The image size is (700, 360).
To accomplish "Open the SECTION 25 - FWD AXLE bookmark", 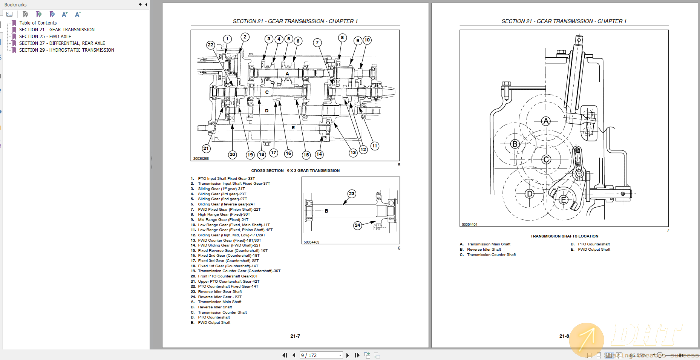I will pos(45,37).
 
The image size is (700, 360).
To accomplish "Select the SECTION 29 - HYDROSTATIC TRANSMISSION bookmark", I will pos(66,50).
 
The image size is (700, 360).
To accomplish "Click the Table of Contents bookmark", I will pos(38,23).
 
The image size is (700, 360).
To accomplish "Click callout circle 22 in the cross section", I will pos(210,45).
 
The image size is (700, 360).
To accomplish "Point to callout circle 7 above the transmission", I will pos(317,43).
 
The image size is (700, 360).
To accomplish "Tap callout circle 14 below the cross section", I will pos(319,154).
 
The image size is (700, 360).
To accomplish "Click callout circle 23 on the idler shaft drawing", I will pos(351,194).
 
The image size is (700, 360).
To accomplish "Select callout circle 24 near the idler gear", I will pos(357,225).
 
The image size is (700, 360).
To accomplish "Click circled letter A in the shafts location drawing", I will pos(545,121).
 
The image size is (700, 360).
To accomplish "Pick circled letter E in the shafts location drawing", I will pos(564,199).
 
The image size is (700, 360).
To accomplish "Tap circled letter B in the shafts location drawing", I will pos(515,144).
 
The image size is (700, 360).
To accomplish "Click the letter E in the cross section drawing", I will pos(293,128).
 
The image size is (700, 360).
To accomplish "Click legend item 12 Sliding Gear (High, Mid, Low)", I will pos(231,235).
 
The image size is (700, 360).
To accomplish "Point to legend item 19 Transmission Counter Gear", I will pos(239,271).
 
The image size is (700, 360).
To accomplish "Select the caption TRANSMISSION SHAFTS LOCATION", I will pos(564,236).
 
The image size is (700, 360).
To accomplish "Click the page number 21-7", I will pos(295,336).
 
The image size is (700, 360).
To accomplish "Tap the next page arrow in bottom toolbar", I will pos(348,355).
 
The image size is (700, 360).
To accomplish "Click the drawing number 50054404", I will pos(469,225).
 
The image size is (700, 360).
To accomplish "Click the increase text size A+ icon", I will pos(65,14).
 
